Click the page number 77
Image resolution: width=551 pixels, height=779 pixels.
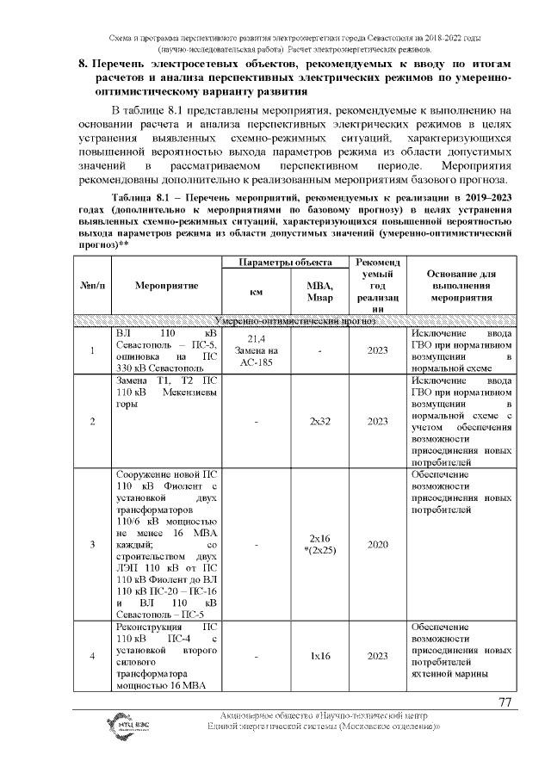(505, 702)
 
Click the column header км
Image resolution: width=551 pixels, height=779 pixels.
(256, 292)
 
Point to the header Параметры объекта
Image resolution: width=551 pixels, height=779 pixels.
(285, 261)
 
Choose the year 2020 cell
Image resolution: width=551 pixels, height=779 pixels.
(376, 544)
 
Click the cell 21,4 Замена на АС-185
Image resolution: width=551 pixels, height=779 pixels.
(256, 350)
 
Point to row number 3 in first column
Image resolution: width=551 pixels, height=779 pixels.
(91, 544)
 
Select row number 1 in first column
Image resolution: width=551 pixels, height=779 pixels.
(91, 350)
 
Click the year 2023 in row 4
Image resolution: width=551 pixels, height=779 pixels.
(376, 656)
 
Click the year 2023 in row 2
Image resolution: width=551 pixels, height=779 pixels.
(376, 421)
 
